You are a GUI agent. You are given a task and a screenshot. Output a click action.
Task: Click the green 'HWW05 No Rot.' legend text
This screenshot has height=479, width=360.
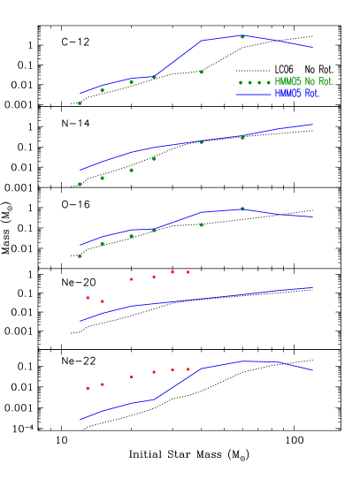tap(303, 81)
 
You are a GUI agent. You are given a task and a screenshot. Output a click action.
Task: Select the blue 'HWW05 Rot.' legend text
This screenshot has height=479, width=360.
tap(296, 93)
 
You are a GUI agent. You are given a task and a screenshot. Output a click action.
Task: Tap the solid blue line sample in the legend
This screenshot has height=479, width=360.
tap(253, 93)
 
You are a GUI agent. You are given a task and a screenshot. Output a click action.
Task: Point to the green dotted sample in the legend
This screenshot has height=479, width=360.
tap(254, 82)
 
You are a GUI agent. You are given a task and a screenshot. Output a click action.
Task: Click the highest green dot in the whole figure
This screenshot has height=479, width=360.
tap(242, 37)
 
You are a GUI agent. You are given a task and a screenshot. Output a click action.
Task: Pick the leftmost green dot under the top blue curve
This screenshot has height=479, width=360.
tap(80, 103)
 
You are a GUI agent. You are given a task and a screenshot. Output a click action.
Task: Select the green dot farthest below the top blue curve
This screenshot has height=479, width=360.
tap(201, 72)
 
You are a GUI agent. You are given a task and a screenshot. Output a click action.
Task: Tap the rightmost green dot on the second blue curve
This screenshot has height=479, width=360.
tap(242, 137)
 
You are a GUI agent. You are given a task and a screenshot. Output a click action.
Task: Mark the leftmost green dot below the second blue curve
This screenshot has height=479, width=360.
tap(80, 184)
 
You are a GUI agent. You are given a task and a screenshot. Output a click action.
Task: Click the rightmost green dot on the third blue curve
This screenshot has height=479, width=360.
tap(242, 209)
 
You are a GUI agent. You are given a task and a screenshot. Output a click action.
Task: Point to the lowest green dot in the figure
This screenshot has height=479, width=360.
tap(80, 256)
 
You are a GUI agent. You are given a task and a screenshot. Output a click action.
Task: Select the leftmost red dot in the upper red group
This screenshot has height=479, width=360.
tap(88, 298)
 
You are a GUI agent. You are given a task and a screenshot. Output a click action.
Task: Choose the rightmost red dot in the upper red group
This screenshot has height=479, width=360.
tap(188, 272)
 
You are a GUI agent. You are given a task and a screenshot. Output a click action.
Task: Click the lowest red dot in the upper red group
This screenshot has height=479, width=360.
tap(103, 301)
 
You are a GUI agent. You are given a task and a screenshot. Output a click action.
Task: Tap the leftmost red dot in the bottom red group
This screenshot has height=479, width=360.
tap(88, 388)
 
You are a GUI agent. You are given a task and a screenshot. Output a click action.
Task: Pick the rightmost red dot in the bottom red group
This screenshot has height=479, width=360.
tap(188, 369)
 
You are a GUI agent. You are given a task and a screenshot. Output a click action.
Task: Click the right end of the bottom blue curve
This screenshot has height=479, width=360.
tap(312, 370)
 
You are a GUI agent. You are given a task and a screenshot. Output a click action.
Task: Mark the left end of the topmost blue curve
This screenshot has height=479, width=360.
tap(80, 94)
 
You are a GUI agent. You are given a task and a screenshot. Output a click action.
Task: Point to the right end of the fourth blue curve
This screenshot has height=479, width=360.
tap(311, 287)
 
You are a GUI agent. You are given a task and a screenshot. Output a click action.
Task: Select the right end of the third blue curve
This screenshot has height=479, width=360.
tap(311, 217)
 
